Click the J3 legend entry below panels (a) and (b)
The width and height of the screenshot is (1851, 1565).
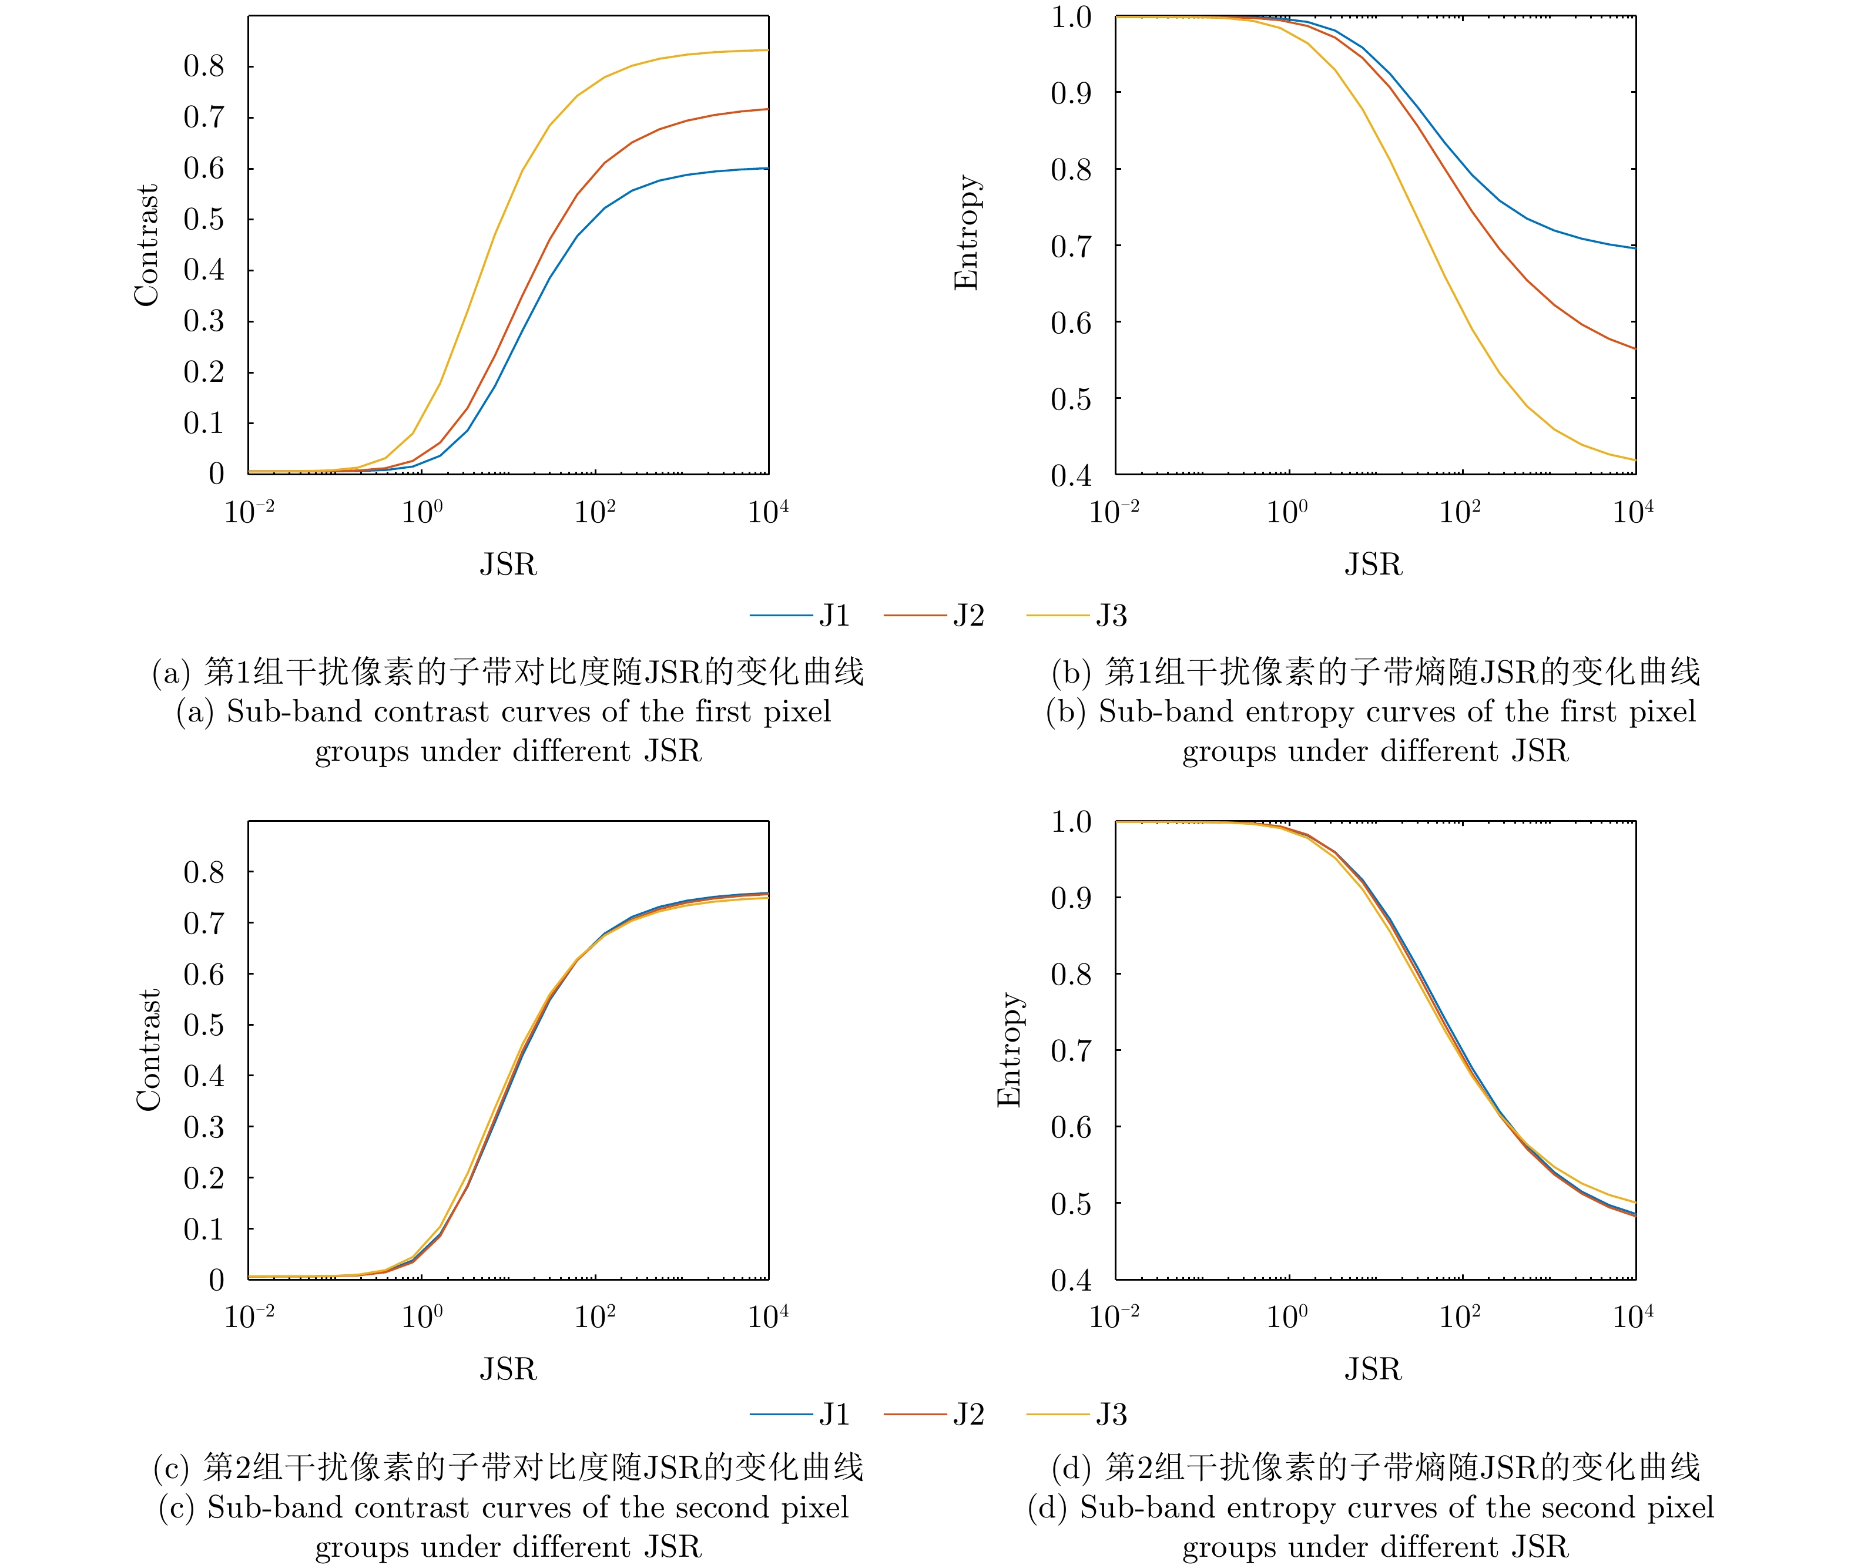(x=1077, y=616)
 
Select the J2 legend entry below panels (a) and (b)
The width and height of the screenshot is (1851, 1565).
(x=934, y=616)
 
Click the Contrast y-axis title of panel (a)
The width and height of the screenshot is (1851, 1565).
(x=146, y=245)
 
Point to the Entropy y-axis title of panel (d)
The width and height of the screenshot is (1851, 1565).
(x=1009, y=1050)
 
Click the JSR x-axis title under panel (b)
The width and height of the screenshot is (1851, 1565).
(x=1373, y=564)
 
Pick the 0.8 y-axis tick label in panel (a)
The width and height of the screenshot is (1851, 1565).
(x=204, y=66)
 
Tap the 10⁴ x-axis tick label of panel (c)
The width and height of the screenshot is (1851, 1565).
(x=767, y=1317)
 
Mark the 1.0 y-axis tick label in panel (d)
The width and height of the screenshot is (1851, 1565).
(x=1071, y=821)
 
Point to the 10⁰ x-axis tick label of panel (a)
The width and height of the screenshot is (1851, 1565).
(x=421, y=512)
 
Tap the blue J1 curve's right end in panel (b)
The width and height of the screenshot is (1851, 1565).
(x=1633, y=247)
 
